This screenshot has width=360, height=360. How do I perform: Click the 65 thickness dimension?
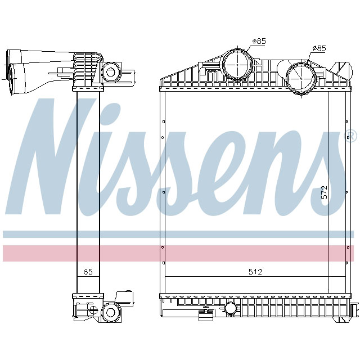pyautogui.click(x=88, y=272)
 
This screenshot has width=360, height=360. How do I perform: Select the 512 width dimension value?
pyautogui.click(x=256, y=272)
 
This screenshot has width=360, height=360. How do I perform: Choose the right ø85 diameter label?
pyautogui.click(x=318, y=48)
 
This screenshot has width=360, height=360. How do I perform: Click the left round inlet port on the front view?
pyautogui.click(x=237, y=64)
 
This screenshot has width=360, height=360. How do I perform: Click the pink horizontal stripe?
pyautogui.click(x=180, y=253)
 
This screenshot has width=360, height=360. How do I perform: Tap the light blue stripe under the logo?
pyautogui.click(x=180, y=233)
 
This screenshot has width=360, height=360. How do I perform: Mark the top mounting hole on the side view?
pyautogui.click(x=110, y=71)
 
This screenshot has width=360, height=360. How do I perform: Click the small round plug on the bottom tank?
pyautogui.click(x=231, y=308)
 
